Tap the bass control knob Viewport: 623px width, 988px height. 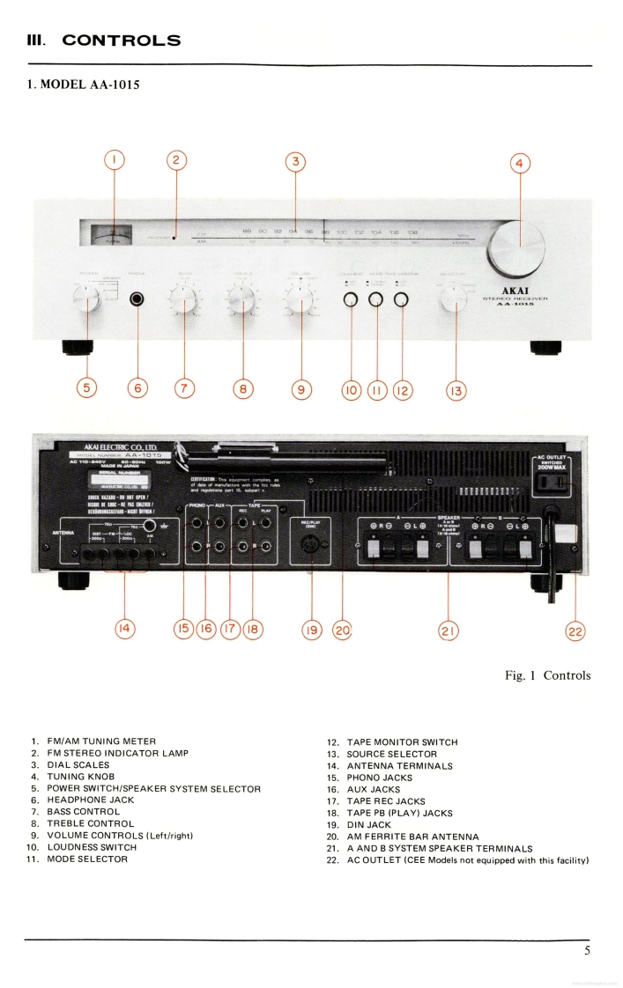pos(186,302)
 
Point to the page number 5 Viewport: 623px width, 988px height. pos(586,949)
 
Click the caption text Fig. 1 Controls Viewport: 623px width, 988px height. pos(547,675)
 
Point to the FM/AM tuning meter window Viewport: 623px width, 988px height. pos(112,232)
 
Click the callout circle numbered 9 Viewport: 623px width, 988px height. pos(301,387)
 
